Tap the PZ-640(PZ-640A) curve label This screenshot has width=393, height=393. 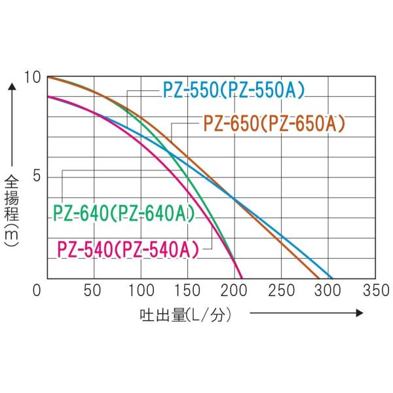click(x=123, y=214)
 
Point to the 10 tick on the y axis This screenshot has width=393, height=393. click(x=31, y=78)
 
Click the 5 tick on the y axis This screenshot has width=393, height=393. click(x=36, y=178)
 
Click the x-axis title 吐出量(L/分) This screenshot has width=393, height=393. click(x=186, y=315)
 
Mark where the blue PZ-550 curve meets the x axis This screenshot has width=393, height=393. click(x=331, y=278)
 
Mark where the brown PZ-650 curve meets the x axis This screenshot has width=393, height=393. click(x=320, y=278)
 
